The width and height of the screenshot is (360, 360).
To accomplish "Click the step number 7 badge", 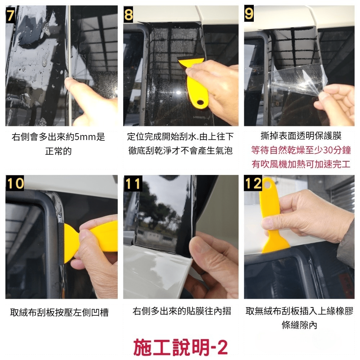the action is (10, 15).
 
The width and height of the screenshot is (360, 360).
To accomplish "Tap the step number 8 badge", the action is (129, 14).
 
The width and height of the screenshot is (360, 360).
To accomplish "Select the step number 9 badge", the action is (249, 14).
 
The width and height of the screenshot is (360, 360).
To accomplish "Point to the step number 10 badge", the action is (15, 183).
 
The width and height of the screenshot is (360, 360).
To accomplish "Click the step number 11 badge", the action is (133, 184).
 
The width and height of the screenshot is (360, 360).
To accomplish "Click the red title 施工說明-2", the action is (181, 347).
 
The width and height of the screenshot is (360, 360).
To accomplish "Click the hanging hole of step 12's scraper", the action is (267, 184).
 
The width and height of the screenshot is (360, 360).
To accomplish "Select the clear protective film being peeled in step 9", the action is (298, 80).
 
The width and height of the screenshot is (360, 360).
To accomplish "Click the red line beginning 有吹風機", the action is (301, 164).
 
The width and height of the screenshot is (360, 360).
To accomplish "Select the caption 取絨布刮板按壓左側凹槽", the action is (59, 312).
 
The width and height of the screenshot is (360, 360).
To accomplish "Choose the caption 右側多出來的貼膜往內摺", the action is (181, 311).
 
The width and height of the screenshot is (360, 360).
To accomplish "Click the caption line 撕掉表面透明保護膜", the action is (301, 136).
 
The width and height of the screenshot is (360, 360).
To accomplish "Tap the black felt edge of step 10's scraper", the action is (61, 244).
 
